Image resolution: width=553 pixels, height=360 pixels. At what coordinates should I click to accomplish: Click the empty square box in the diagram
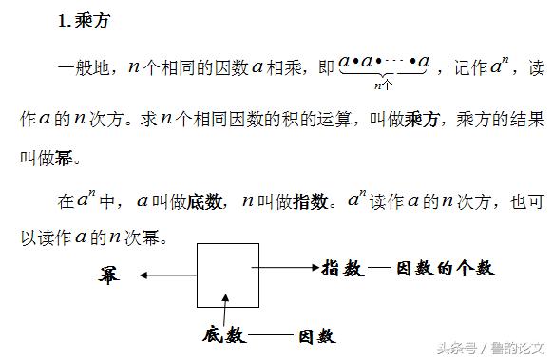coord(227,275)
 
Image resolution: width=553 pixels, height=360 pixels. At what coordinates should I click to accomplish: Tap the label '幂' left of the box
coord(109,275)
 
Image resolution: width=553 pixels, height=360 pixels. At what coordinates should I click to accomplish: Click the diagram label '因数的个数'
coord(444,269)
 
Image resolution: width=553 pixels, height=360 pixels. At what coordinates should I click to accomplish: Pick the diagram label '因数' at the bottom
coord(316,335)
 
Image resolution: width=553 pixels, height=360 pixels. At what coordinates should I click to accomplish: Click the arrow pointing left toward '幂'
coord(168,275)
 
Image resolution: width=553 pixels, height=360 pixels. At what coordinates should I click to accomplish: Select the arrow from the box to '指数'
coord(290,269)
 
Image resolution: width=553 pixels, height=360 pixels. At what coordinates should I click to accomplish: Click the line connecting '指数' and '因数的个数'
coord(379,269)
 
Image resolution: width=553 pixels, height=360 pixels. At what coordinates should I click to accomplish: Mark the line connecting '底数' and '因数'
coord(271,335)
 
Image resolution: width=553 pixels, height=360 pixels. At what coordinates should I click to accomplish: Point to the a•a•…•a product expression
coord(384,64)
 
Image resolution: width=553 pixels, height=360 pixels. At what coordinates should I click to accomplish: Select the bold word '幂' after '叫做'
coord(63,158)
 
